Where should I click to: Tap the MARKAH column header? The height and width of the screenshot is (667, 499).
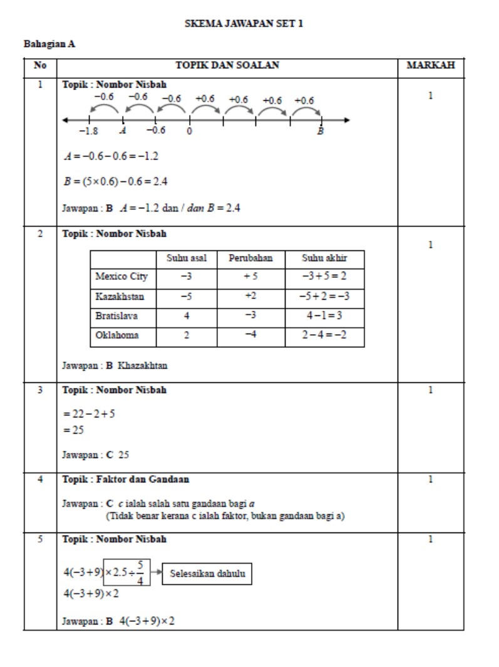[430, 65]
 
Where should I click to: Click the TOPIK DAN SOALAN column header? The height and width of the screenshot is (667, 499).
[227, 65]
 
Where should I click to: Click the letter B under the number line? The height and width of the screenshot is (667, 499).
[321, 131]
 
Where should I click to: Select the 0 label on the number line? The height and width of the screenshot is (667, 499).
[189, 131]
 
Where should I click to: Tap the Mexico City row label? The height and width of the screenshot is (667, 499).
[121, 277]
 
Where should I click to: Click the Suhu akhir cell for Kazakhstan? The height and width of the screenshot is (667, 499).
[324, 296]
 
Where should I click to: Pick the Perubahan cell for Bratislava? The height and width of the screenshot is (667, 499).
[250, 315]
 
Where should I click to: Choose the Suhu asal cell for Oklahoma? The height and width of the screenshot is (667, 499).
[187, 335]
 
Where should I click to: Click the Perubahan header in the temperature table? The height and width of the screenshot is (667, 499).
[250, 258]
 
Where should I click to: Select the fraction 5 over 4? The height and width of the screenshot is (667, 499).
[140, 573]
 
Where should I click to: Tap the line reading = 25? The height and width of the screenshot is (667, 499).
[73, 430]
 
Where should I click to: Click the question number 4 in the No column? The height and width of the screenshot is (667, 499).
[39, 479]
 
